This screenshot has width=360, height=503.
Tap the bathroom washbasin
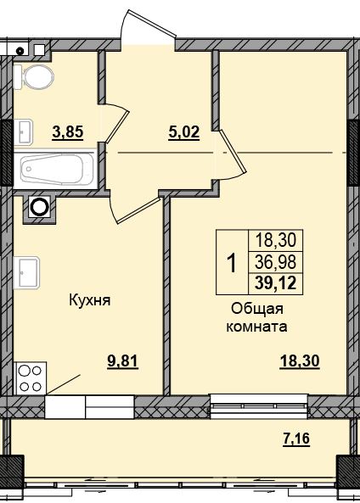pyautogui.click(x=24, y=131)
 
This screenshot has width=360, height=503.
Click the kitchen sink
pyautogui.click(x=26, y=272)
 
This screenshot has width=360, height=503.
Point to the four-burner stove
pyautogui.click(x=31, y=377)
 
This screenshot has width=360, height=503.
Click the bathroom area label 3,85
pyautogui.click(x=68, y=131)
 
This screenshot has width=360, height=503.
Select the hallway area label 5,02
pyautogui.click(x=184, y=131)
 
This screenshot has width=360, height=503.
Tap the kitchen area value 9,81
pyautogui.click(x=122, y=361)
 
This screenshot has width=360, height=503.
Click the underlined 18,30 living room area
pyautogui.click(x=300, y=361)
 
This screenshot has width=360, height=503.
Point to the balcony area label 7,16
pyautogui.click(x=296, y=439)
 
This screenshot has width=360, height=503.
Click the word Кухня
pyautogui.click(x=90, y=300)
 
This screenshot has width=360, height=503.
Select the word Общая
pyautogui.click(x=257, y=310)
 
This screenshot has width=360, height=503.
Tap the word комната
pyautogui.click(x=257, y=327)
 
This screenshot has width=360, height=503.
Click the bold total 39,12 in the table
pyautogui.click(x=276, y=283)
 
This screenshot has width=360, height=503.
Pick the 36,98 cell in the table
pyautogui.click(x=276, y=262)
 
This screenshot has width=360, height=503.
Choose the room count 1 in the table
pyautogui.click(x=231, y=262)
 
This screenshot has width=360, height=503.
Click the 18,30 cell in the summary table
pyautogui.click(x=276, y=240)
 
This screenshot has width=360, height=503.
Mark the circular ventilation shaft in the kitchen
pyautogui.click(x=40, y=207)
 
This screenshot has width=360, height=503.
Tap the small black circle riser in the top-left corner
pyautogui.click(x=20, y=50)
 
